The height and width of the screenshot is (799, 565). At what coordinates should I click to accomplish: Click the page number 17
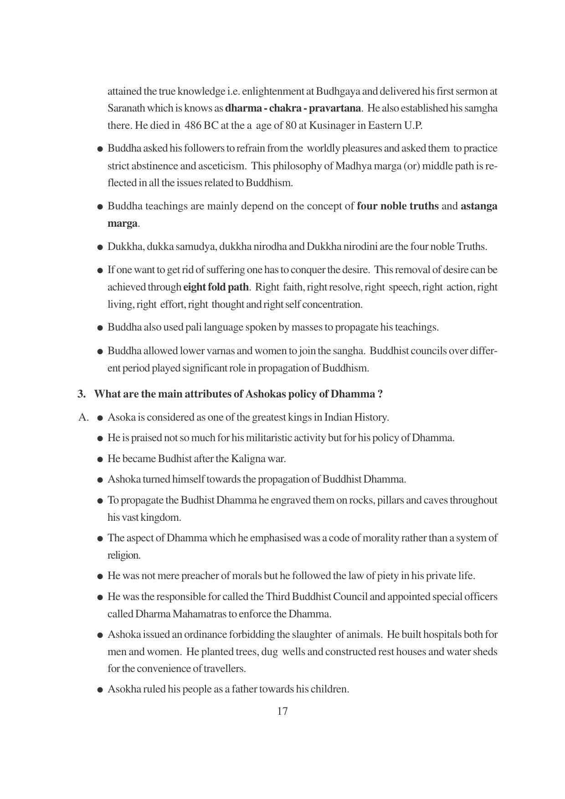282,711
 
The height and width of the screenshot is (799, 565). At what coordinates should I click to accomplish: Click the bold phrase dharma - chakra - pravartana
293,108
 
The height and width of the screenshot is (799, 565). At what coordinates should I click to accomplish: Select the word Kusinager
332,126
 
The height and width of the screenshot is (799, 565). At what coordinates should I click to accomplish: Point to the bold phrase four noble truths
398,206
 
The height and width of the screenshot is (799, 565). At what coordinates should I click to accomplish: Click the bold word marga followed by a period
122,224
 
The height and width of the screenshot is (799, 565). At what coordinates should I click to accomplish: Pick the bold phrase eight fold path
216,287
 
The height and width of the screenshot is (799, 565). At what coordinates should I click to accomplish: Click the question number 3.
81,394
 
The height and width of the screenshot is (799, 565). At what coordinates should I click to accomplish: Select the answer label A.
83,417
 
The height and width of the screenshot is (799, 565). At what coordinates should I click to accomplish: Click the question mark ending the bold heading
380,394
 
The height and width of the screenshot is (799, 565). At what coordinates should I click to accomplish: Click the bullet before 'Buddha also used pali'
100,328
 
